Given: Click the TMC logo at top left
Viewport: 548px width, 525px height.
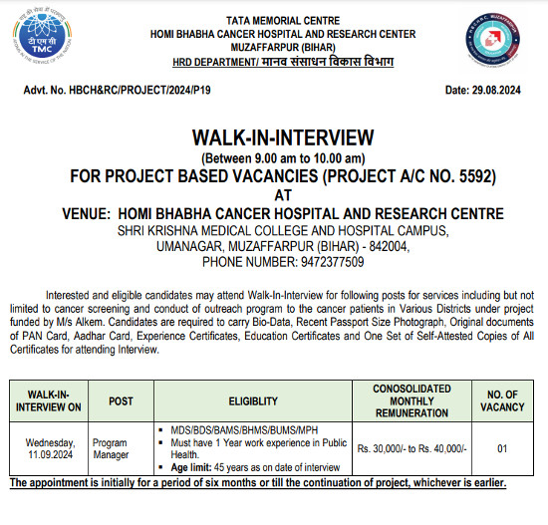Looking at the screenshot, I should pos(38,36).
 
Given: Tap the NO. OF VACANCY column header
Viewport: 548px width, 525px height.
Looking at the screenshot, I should pos(501,400).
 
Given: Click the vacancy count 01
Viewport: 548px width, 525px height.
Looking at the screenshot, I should pos(501,448).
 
